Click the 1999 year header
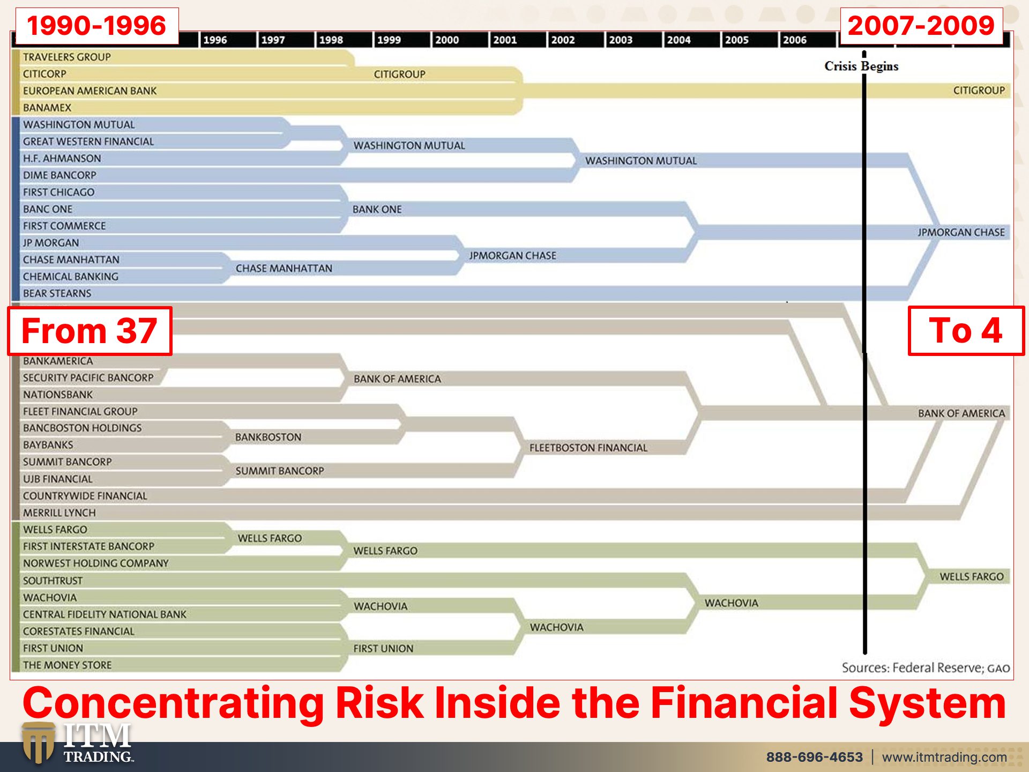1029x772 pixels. (389, 40)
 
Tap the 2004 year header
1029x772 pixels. (678, 40)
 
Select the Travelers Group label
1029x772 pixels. (67, 57)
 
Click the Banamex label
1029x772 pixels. (47, 108)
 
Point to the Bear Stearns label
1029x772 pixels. (57, 293)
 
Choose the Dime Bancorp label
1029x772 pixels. (59, 175)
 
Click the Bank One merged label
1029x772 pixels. (377, 209)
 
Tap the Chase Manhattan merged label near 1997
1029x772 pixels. (284, 268)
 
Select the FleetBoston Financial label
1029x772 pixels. (588, 448)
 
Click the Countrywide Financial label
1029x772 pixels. (85, 496)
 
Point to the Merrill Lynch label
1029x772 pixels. (59, 513)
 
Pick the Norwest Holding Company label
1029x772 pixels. (96, 563)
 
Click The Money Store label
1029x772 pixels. (68, 665)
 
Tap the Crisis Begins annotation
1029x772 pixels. (861, 66)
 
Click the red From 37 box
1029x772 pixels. (90, 331)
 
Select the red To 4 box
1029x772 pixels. (966, 330)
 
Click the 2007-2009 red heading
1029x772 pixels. (921, 26)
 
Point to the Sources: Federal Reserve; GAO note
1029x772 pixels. (926, 668)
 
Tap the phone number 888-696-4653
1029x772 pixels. (815, 757)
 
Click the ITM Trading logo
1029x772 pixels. (78, 743)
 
